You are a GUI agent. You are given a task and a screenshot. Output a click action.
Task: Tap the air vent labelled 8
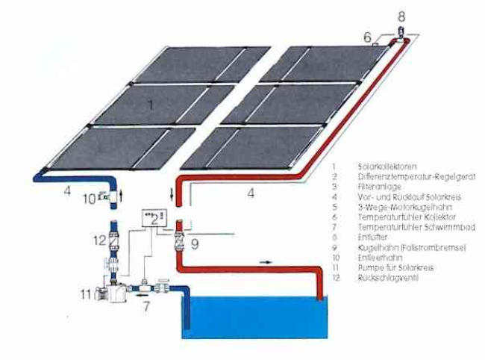click(x=401, y=31)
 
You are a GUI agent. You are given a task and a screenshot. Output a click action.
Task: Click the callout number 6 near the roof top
click(x=366, y=36)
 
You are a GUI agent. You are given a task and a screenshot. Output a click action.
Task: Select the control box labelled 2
click(x=153, y=217)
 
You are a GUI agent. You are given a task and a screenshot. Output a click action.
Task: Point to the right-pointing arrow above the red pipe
click(x=266, y=262)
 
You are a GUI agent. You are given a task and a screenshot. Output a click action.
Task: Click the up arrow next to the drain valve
click(x=133, y=196)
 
